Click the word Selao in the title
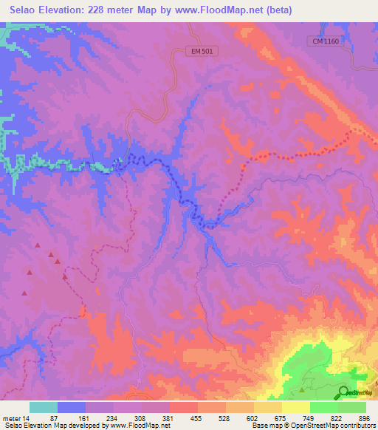(27, 10)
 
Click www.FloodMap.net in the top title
(220, 10)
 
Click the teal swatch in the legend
(44, 407)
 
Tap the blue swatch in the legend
(72, 407)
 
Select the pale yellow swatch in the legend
(295, 407)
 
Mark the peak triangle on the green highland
(302, 389)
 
